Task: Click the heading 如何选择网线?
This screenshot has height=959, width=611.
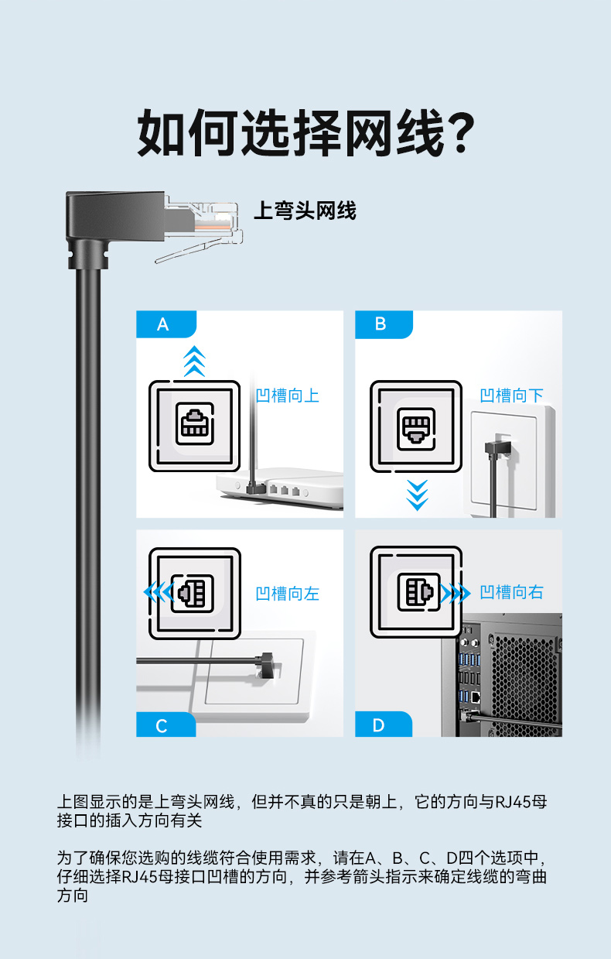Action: [305, 133]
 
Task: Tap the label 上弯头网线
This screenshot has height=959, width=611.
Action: [305, 211]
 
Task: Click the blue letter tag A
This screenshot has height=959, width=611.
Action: [162, 324]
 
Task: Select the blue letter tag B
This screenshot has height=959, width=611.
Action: [381, 324]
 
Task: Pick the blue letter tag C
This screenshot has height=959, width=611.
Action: [162, 725]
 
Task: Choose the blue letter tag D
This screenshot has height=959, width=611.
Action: [379, 725]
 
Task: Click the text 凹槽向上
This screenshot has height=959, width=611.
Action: [287, 396]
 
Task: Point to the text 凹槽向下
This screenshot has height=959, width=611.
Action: [511, 396]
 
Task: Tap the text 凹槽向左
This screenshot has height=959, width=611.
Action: [287, 594]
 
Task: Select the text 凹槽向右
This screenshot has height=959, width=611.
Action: [511, 593]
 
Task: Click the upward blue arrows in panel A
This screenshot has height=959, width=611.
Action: [195, 361]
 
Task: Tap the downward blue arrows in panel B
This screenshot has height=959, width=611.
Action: [418, 495]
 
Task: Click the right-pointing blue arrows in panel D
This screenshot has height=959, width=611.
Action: [455, 594]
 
